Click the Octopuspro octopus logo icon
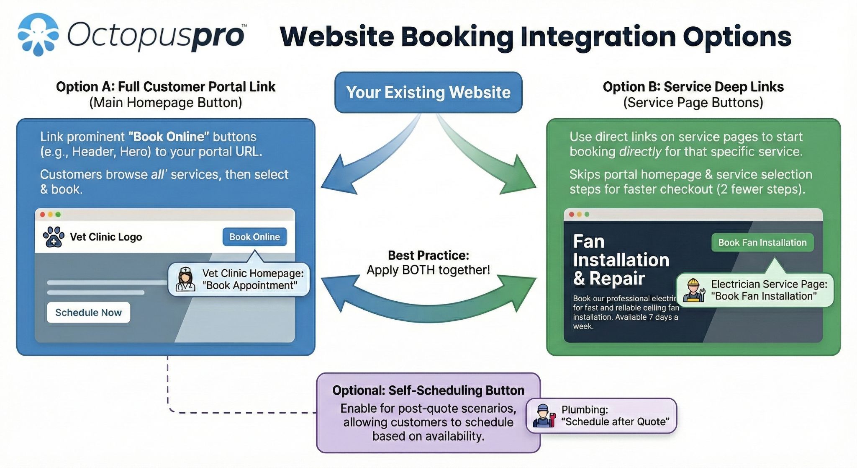coord(38,34)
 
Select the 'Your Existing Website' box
coord(428,93)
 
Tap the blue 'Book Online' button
coord(254,237)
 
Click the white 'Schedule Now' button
coord(88,313)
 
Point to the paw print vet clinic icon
coord(54,237)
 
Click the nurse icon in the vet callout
coord(185,279)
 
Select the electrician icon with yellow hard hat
coord(693,290)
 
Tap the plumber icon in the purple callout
coord(544,416)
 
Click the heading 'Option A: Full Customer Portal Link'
coord(166,87)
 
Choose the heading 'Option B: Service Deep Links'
coord(693,87)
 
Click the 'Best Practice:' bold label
coord(428,255)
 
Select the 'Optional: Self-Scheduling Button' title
coord(428,390)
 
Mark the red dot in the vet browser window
coord(42,215)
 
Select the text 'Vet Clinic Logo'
coord(106,237)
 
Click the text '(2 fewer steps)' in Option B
coord(761,189)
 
